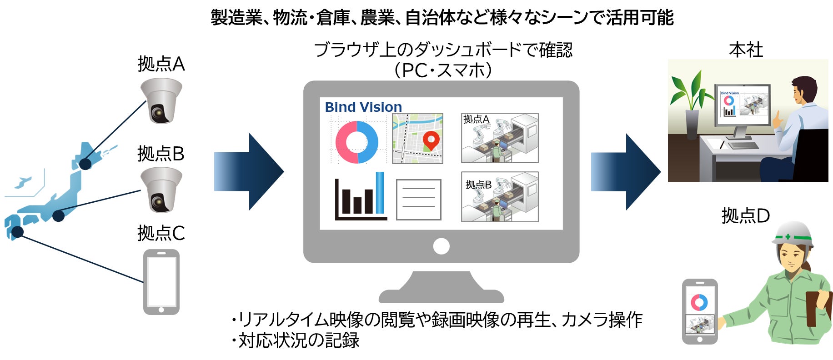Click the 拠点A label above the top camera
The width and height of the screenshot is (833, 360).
pos(161,64)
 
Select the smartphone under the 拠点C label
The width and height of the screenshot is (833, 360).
pos(161,282)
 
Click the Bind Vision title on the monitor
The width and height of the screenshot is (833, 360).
pos(363,107)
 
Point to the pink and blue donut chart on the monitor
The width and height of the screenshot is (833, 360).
pos(356,142)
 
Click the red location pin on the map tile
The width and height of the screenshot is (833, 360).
pos(431,140)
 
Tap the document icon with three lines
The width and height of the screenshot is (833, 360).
pos(418,200)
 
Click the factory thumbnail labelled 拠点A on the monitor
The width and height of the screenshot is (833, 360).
pos(500,138)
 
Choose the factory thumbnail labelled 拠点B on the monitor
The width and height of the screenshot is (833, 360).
pos(500,197)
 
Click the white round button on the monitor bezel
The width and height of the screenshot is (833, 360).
pos(441,246)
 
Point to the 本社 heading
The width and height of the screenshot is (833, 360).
pos(746,50)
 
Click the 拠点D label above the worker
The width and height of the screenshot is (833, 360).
pos(745,215)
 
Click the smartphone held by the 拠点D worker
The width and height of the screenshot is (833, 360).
pos(700,311)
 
